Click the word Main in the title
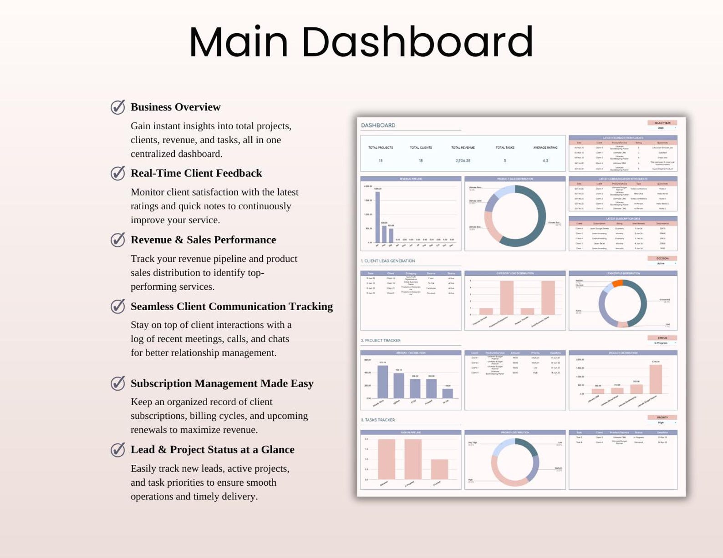click(239, 42)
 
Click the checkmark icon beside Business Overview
click(118, 107)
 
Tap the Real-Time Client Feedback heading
click(196, 173)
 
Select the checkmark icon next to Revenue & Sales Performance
click(118, 240)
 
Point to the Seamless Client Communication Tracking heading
click(231, 307)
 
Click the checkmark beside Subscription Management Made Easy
click(118, 383)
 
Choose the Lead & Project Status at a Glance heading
click(212, 450)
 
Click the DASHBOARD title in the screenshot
click(378, 126)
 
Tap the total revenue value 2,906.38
click(463, 161)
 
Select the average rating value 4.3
click(545, 161)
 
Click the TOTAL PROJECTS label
click(380, 147)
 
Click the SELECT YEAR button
click(662, 123)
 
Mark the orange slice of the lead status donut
click(617, 283)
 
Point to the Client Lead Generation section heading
click(388, 261)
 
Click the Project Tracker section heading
click(381, 340)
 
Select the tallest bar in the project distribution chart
click(655, 379)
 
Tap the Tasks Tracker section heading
click(378, 420)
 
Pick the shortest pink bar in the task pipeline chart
click(439, 469)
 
